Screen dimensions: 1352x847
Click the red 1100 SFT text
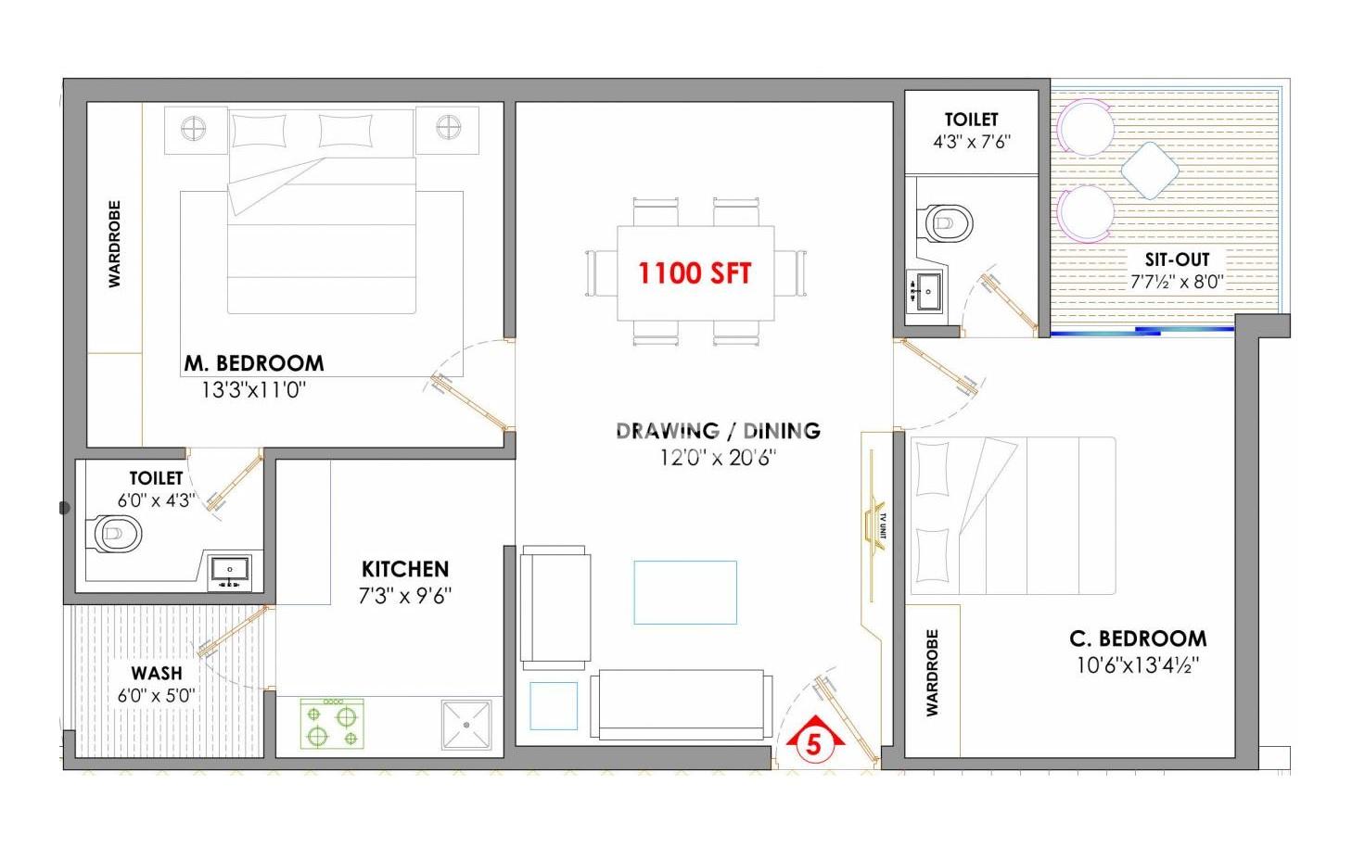click(x=695, y=273)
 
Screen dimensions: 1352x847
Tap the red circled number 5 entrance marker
click(x=813, y=744)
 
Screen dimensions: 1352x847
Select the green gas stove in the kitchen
click(x=333, y=724)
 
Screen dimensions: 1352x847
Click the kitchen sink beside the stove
click(x=466, y=725)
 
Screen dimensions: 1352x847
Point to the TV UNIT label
click(x=883, y=526)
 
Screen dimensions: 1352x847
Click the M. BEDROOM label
click(x=254, y=363)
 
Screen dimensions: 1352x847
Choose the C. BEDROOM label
click(x=1138, y=638)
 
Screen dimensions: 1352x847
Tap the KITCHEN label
click(x=405, y=569)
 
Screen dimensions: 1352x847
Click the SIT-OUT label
click(x=1177, y=260)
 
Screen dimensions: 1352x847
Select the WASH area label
click(x=157, y=673)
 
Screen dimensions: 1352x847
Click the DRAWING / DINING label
click(x=719, y=431)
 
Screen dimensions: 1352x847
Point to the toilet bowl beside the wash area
click(x=118, y=534)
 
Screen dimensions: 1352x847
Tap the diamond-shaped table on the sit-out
click(x=1150, y=171)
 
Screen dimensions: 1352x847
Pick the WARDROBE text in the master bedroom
click(x=114, y=244)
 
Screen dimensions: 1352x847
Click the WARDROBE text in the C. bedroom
click(x=933, y=673)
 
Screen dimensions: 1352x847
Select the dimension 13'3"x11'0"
click(x=254, y=390)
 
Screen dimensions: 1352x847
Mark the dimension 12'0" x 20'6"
click(x=718, y=459)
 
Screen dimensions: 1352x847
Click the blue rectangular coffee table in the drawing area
click(x=685, y=592)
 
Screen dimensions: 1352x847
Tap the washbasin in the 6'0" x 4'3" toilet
click(x=229, y=573)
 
